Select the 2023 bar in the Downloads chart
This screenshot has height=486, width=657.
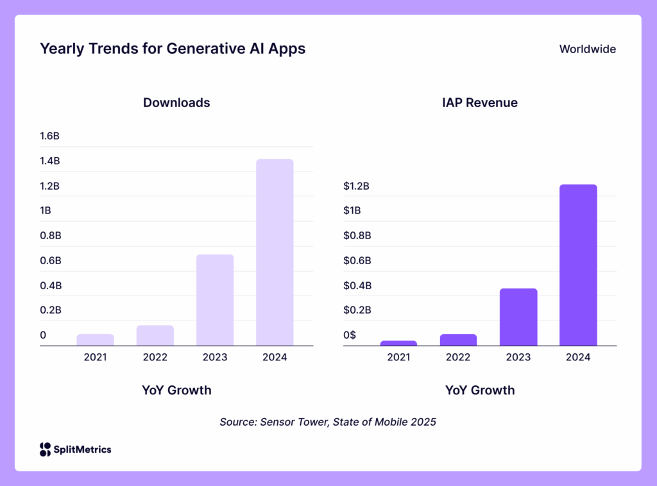pyautogui.click(x=215, y=300)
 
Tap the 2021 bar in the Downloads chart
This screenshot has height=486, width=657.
pyautogui.click(x=95, y=340)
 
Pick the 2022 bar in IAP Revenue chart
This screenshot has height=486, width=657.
pyautogui.click(x=458, y=340)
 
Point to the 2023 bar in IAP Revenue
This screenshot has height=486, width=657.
pyautogui.click(x=518, y=317)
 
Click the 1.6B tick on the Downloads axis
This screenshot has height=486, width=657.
pyautogui.click(x=50, y=136)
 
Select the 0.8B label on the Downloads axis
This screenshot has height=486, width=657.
pyautogui.click(x=50, y=235)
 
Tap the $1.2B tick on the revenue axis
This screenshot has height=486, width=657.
pyautogui.click(x=357, y=186)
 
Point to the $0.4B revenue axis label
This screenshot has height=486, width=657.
pyautogui.click(x=357, y=285)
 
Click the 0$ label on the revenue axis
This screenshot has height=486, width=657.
pyautogui.click(x=350, y=335)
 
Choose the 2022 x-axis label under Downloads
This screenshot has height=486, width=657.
pyautogui.click(x=155, y=357)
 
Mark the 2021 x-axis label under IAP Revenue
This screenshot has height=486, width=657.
pyautogui.click(x=398, y=357)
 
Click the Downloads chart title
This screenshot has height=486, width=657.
pyautogui.click(x=176, y=103)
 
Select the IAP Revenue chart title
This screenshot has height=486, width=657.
pyautogui.click(x=480, y=103)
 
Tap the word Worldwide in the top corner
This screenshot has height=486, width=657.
pyautogui.click(x=587, y=49)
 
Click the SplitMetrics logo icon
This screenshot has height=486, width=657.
pyautogui.click(x=45, y=449)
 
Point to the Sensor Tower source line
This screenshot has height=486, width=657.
pyautogui.click(x=328, y=422)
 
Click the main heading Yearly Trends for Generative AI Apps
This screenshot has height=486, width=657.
pyautogui.click(x=173, y=49)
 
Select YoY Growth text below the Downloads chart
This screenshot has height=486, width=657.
pyautogui.click(x=176, y=390)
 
